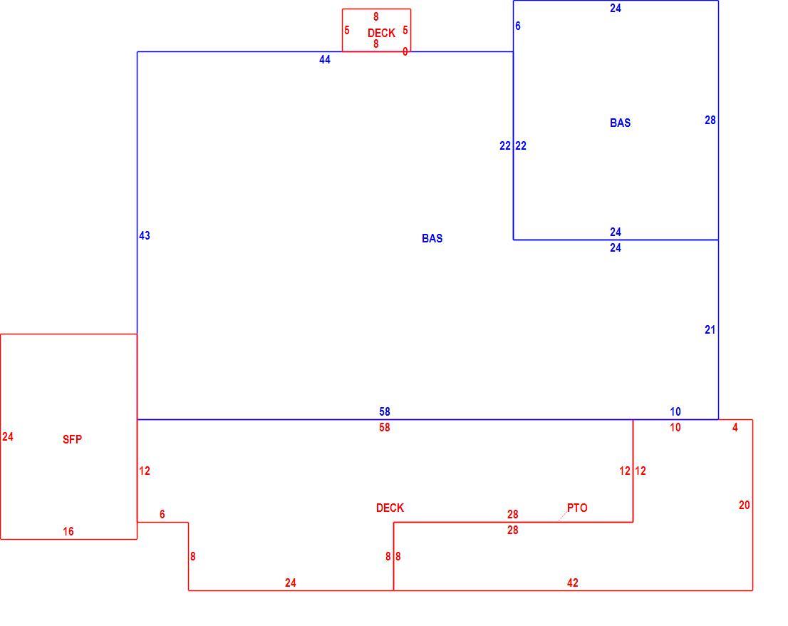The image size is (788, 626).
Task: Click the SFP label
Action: pos(73,439)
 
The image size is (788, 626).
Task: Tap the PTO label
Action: pos(577,508)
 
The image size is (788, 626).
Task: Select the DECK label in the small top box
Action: pos(381,34)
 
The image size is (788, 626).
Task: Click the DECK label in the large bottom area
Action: pos(390,508)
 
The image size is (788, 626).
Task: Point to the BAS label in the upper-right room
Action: pos(620,123)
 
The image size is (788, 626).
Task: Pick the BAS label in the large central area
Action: pos(432,238)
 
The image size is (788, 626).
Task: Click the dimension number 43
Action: pos(144,235)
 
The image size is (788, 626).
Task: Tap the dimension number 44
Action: pos(325,60)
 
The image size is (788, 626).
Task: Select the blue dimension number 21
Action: pos(710,330)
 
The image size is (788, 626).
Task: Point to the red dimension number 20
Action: pos(745,505)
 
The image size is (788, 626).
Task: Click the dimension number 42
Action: pos(572,583)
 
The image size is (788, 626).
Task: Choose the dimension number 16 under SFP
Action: pos(68,531)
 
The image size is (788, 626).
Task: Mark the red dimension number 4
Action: pos(735,427)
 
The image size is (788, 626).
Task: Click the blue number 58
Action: pos(385,412)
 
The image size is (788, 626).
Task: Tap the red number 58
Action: pos(385,427)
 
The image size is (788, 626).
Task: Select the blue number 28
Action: pos(710,120)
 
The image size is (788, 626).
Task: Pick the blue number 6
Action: pos(518,26)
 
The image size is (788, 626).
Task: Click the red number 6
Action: pos(162,514)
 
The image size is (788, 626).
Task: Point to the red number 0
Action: pos(405,52)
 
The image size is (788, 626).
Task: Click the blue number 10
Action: pos(675,412)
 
